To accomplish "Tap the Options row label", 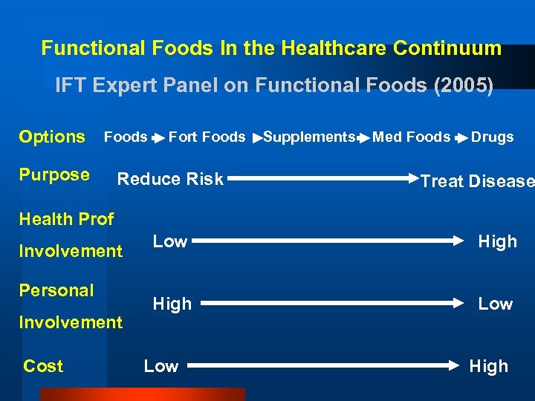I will click(52, 137).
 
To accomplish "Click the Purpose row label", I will click(54, 175).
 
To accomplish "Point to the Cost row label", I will click(43, 366).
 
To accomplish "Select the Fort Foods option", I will click(207, 137).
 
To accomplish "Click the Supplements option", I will click(309, 137).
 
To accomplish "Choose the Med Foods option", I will click(411, 137).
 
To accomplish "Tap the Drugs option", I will click(492, 137).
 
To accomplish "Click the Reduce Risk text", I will click(171, 179).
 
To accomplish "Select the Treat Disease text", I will click(477, 182).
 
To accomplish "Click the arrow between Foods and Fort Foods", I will click(158, 138).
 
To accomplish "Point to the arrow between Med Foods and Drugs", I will click(461, 138).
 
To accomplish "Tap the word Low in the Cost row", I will click(161, 366).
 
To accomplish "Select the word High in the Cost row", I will click(488, 366).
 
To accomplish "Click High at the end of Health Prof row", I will click(497, 241).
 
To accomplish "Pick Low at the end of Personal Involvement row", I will click(495, 304).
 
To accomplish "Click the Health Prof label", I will click(66, 219).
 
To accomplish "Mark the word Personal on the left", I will click(56, 290).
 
